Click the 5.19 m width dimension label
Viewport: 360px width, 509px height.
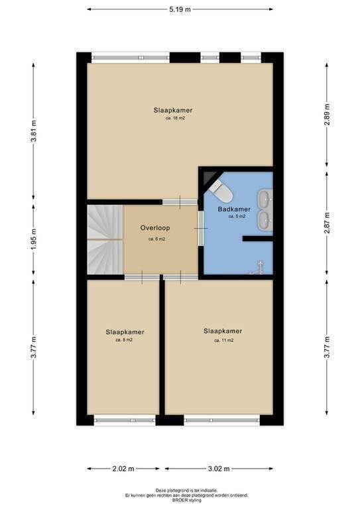180,9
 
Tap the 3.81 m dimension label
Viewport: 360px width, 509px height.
34,131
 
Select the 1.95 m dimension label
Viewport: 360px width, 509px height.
34,239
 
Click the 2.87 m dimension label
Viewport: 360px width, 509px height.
328,223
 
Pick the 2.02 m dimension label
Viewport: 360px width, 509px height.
123,469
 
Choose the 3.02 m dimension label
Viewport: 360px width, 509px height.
219,469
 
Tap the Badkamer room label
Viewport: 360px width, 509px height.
234,209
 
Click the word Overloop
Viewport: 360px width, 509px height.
155,228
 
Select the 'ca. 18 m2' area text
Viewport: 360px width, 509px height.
175,119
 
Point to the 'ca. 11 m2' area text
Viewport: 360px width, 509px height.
223,341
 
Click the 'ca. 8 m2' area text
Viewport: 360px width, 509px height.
124,340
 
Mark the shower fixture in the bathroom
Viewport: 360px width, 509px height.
258,268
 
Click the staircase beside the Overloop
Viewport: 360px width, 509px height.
105,239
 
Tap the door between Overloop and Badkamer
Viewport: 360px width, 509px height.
201,228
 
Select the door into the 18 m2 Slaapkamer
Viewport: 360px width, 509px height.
180,201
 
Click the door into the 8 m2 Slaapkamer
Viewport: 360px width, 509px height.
142,277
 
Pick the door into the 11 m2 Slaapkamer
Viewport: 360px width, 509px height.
180,277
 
